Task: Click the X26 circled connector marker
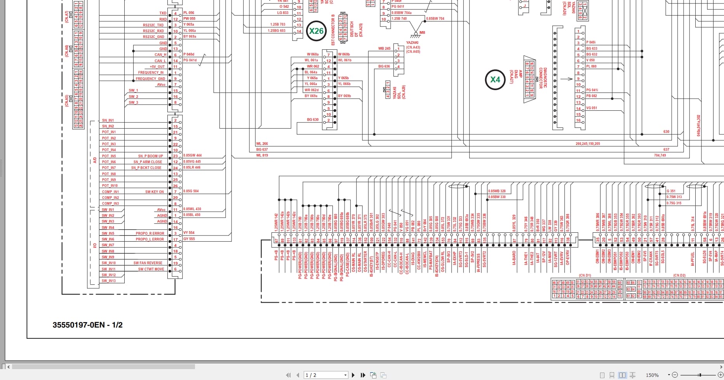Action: click(x=316, y=31)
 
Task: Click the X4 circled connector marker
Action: click(x=495, y=80)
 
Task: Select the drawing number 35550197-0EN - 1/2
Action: click(x=87, y=325)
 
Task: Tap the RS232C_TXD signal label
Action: click(x=153, y=25)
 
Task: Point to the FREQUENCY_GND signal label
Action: click(x=150, y=79)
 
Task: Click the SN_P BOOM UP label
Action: click(x=150, y=156)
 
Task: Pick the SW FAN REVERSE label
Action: click(x=148, y=263)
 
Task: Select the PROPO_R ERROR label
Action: click(x=150, y=234)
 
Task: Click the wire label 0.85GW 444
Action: click(x=192, y=155)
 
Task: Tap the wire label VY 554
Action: click(x=189, y=233)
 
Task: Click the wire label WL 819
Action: click(x=262, y=155)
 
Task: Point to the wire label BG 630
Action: click(x=313, y=120)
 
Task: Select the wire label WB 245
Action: click(x=384, y=49)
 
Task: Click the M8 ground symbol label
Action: click(x=422, y=33)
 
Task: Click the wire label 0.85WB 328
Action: click(x=497, y=191)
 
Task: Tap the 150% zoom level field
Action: click(x=652, y=375)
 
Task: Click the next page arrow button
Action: click(x=353, y=375)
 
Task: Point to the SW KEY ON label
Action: click(x=154, y=192)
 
